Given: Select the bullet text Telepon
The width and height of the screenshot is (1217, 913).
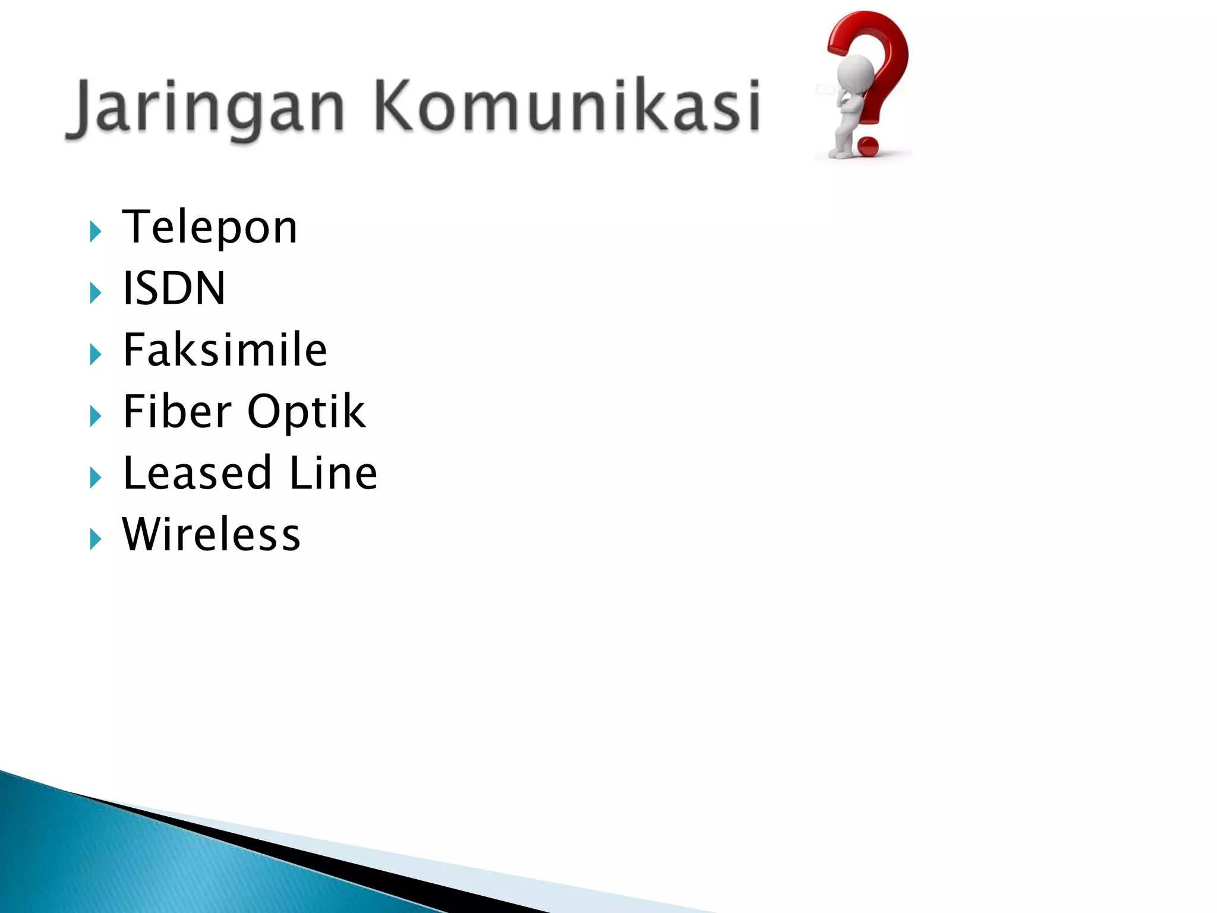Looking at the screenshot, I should click(210, 228).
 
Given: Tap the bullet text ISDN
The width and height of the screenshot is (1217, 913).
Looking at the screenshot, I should click(174, 289).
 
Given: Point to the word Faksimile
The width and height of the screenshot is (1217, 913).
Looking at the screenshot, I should click(225, 350).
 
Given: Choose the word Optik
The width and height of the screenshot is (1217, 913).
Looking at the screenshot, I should click(306, 413).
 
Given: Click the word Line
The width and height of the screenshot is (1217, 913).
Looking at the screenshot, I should click(333, 473).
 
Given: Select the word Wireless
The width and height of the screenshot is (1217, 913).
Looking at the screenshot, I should click(212, 534).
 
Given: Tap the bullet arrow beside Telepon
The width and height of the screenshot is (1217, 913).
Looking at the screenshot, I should click(95, 232).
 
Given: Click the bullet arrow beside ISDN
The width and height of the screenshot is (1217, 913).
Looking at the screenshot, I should click(95, 293).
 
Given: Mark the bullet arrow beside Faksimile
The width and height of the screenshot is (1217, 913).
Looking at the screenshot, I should click(95, 355).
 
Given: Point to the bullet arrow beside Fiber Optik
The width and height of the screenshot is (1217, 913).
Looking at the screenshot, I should click(95, 416).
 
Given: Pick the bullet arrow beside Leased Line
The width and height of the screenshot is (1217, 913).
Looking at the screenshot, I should click(95, 477).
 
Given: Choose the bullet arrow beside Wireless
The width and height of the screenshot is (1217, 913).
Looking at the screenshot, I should click(95, 539).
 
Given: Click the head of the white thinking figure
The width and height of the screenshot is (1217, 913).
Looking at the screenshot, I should click(855, 74).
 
